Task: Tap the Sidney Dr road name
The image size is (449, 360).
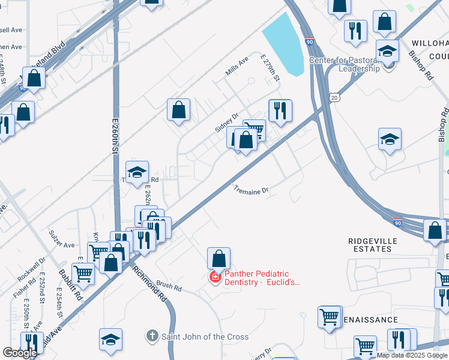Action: [x=227, y=122]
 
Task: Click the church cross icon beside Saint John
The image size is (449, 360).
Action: [x=153, y=337]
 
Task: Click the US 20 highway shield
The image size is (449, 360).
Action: [x=334, y=97]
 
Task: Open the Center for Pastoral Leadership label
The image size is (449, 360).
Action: [x=344, y=64]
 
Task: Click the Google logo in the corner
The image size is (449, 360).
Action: [x=20, y=353]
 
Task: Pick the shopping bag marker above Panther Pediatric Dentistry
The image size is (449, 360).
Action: [x=219, y=259]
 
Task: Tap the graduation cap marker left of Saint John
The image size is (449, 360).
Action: [x=110, y=340]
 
